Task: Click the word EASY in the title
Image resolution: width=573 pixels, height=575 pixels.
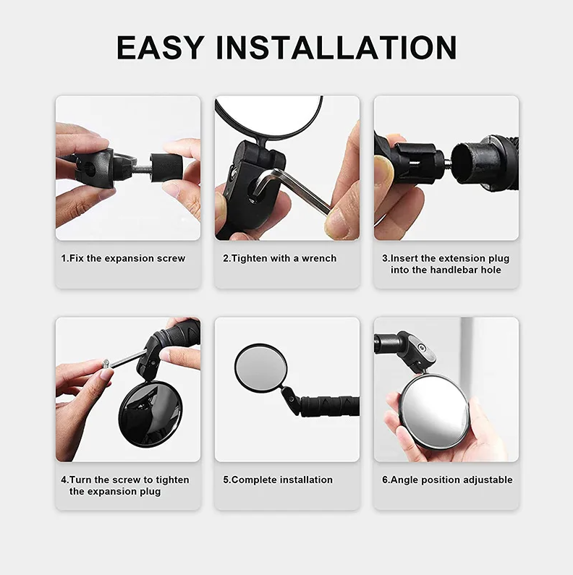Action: [x=160, y=48]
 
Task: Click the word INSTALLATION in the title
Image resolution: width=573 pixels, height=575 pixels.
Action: [x=336, y=48]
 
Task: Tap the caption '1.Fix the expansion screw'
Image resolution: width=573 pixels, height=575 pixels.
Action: [x=123, y=258]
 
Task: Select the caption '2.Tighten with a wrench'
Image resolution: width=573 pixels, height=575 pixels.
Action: [x=279, y=258]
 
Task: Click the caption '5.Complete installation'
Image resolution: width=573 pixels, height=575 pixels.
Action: [x=278, y=480]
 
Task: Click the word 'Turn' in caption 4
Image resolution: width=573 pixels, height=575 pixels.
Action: [x=81, y=480]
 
